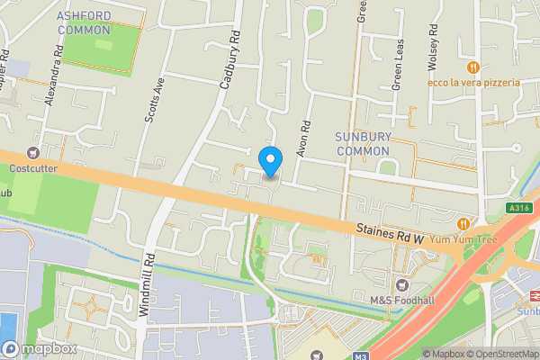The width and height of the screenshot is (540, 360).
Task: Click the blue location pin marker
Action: (x=270, y=160)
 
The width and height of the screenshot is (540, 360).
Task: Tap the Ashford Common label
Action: (x=84, y=23)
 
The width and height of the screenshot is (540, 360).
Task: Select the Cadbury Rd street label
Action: (x=231, y=58)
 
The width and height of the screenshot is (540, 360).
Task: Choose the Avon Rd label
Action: (x=303, y=140)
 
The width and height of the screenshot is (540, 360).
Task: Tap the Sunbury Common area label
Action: (x=365, y=143)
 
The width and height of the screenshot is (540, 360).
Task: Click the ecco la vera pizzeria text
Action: (x=475, y=83)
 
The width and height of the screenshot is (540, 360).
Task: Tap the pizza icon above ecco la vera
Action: (x=472, y=67)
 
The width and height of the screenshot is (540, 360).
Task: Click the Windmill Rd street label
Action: (x=148, y=283)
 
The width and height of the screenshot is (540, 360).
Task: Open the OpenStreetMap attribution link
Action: (x=500, y=354)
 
